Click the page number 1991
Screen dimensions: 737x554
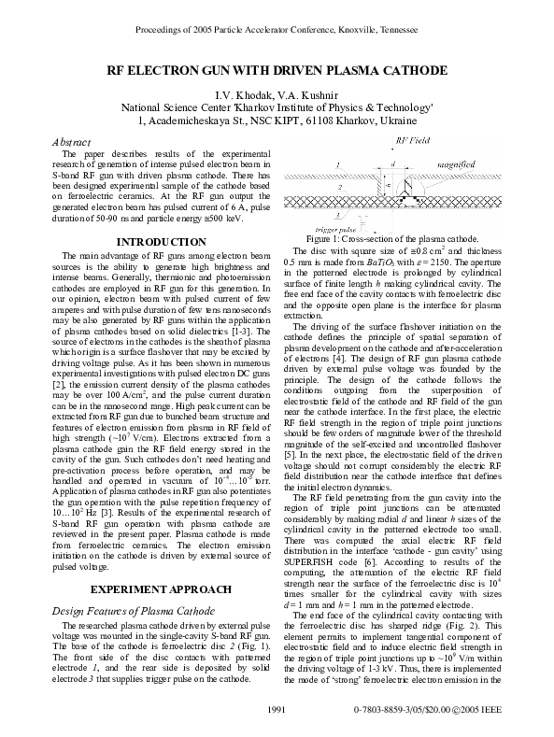click(x=277, y=713)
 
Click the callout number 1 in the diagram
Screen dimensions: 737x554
click(x=336, y=164)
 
